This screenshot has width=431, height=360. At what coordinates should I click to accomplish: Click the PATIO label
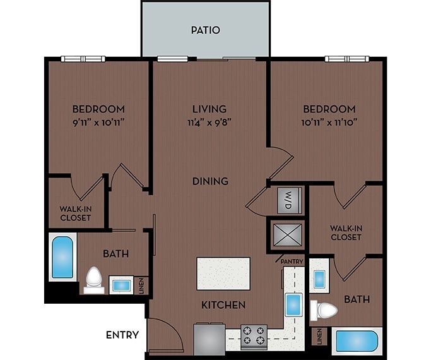[x=205, y=30]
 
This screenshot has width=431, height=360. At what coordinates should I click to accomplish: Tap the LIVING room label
[x=210, y=109]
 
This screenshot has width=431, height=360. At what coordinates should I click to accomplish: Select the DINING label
[x=210, y=181]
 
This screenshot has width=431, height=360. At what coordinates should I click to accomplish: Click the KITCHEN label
[x=223, y=305]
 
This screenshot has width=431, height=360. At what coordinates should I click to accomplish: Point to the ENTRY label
[x=122, y=334]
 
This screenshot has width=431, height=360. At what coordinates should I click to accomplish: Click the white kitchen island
[x=223, y=273]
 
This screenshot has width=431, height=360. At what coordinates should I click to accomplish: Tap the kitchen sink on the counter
[x=293, y=305]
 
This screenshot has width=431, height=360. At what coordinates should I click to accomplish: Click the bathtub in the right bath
[x=357, y=342]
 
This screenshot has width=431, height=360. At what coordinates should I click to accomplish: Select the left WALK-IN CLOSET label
[x=76, y=213]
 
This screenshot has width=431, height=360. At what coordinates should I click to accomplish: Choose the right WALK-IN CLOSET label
[x=346, y=232]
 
